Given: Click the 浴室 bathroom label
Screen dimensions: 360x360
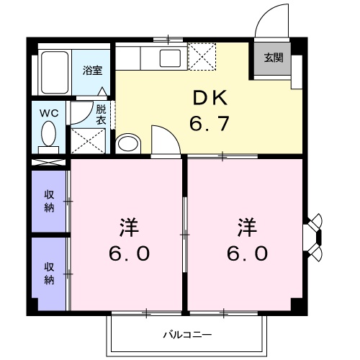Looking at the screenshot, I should click(91, 71).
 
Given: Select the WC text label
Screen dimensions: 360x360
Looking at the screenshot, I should click(48, 113).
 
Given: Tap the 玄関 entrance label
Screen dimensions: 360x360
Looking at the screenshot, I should click(273, 58).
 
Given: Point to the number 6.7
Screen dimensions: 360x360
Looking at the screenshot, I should click(209, 125).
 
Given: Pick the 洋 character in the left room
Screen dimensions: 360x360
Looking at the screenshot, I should click(129, 229).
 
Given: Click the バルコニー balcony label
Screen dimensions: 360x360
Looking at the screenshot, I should click(186, 335).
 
